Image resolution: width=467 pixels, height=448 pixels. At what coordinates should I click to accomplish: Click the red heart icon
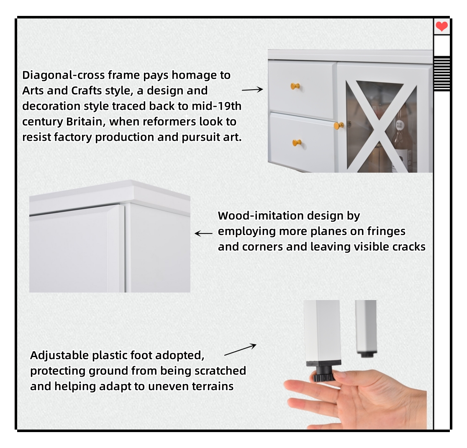pos(441,27)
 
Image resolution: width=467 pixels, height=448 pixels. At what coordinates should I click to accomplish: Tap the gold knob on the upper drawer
pos(295,86)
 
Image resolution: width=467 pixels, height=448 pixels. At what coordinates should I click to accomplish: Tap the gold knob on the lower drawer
pos(297,143)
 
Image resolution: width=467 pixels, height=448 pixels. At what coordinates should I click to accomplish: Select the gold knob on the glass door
pos(339,125)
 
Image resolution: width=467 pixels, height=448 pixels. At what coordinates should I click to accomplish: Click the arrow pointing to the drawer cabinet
pos(252,89)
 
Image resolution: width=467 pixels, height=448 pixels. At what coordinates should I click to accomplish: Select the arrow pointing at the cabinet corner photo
pos(204,233)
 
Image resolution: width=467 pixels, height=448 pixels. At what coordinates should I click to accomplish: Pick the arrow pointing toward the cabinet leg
pos(240,350)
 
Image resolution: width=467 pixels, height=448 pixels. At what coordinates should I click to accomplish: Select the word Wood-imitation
pos(261,216)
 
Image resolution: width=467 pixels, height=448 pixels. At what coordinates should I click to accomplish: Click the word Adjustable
pos(59,355)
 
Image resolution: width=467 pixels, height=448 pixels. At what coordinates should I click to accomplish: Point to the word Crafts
pos(87,91)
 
